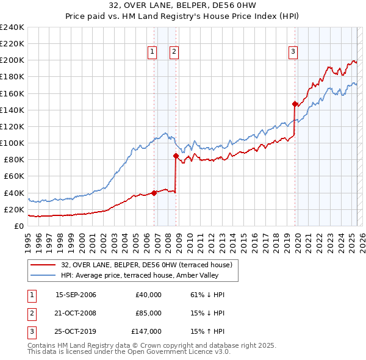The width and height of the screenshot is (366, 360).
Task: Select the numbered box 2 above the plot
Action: [174, 52]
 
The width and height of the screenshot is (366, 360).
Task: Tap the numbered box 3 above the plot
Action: [293, 52]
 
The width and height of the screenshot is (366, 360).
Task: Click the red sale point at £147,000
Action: [295, 104]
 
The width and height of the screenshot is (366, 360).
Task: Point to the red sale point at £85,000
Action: [176, 156]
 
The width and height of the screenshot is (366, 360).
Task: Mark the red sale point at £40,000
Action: [154, 193]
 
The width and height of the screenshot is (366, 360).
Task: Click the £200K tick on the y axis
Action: [12, 60]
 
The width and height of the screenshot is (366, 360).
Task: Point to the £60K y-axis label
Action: [14, 176]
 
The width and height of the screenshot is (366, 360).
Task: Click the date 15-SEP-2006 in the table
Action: [76, 295]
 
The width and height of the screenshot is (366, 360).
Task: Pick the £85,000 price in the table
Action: [148, 313]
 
